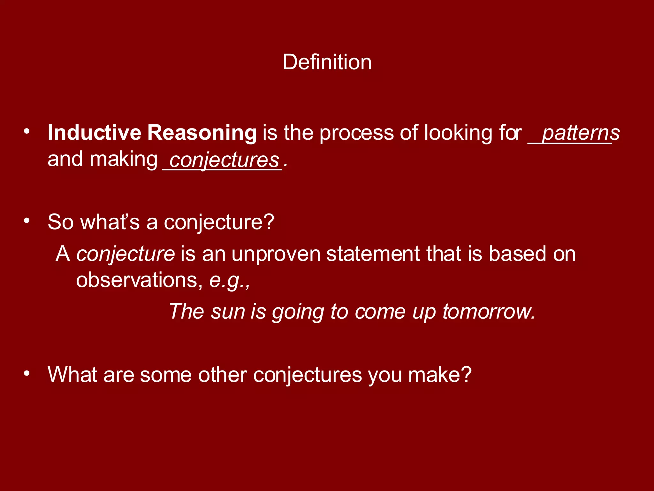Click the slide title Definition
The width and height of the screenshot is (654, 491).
pos(327,62)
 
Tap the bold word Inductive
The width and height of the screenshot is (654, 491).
pos(94,133)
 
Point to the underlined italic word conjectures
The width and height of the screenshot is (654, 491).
pos(224,160)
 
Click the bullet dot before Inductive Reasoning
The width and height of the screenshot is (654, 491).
pos(27,131)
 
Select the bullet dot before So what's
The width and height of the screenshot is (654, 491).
pos(27,221)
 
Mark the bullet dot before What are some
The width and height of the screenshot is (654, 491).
pos(27,373)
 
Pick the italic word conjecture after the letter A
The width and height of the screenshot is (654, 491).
pos(125,254)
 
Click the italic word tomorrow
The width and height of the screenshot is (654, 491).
pos(488,312)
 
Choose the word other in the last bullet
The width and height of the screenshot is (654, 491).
pos(223,375)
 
